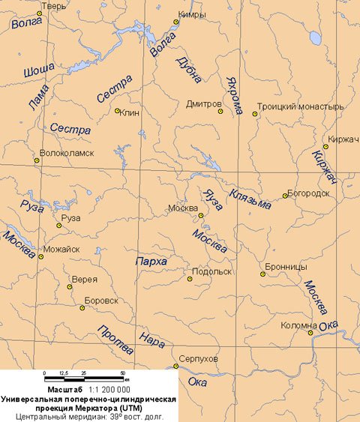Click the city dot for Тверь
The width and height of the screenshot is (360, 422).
click(39, 13)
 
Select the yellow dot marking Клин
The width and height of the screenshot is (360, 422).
click(117, 111)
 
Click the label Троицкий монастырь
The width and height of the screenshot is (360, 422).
click(300, 106)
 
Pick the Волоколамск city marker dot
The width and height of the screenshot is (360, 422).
click(36, 160)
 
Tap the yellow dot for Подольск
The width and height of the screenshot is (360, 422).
click(190, 279)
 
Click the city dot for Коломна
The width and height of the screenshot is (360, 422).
click(310, 333)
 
